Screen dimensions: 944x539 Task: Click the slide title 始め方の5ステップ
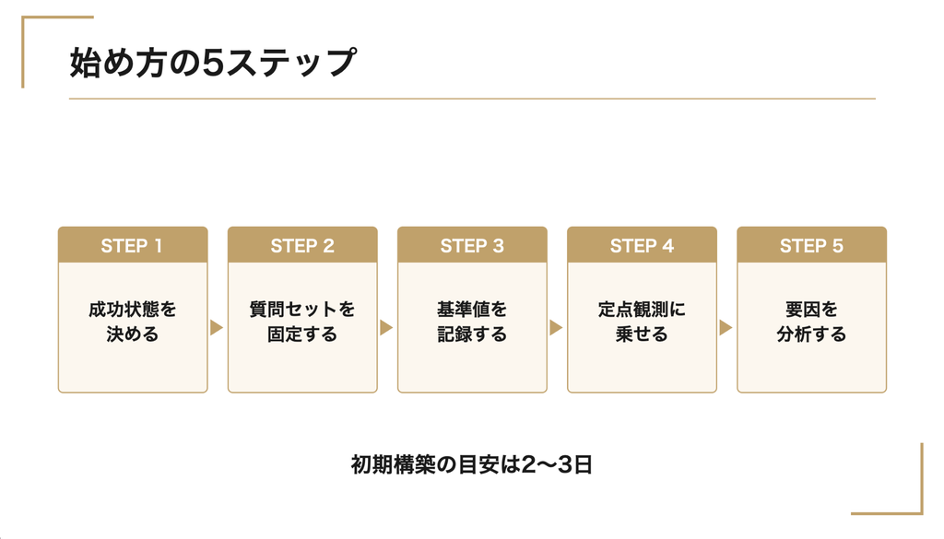pyautogui.click(x=213, y=63)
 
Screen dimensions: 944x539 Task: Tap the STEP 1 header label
pyautogui.click(x=132, y=246)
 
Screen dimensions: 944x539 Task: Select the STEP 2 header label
pyautogui.click(x=302, y=246)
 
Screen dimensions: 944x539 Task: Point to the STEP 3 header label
pyautogui.click(x=472, y=246)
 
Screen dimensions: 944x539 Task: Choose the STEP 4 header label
pyautogui.click(x=642, y=246)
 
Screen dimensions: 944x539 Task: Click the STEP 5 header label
pyautogui.click(x=811, y=246)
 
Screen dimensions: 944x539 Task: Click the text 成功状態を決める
pyautogui.click(x=133, y=322)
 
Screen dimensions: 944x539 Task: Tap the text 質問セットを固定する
pyautogui.click(x=302, y=322)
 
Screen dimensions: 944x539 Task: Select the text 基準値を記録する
pyautogui.click(x=472, y=322)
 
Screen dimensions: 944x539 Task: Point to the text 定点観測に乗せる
pyautogui.click(x=642, y=322)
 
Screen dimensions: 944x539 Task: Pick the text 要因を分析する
pyautogui.click(x=811, y=322)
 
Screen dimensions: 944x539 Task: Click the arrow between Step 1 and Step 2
pyautogui.click(x=217, y=328)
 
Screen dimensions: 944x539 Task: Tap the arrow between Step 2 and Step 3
pyautogui.click(x=386, y=328)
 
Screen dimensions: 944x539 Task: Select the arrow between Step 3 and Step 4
pyautogui.click(x=556, y=328)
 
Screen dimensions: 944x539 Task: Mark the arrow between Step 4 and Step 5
pyautogui.click(x=726, y=328)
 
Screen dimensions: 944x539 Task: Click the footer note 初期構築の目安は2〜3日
pyautogui.click(x=472, y=465)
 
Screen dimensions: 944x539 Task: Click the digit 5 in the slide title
pyautogui.click(x=213, y=64)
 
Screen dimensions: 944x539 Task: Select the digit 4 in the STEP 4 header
pyautogui.click(x=667, y=246)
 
